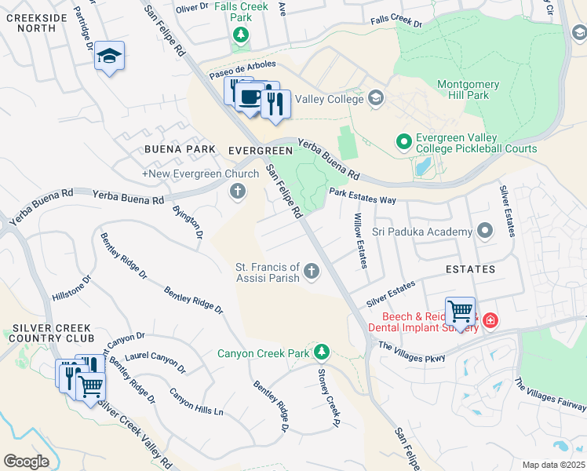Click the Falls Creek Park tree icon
(x=241, y=35)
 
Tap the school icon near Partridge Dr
(x=110, y=57)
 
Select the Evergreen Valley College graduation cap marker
(x=376, y=98)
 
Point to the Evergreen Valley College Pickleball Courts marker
(x=403, y=142)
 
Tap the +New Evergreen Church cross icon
(x=238, y=191)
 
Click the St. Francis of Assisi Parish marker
(x=312, y=272)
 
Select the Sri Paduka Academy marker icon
(x=484, y=231)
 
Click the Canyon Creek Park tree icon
(x=320, y=350)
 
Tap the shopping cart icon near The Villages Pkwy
(x=460, y=311)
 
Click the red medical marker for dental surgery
(x=490, y=320)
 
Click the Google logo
(x=27, y=461)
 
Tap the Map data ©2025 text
(x=553, y=465)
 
